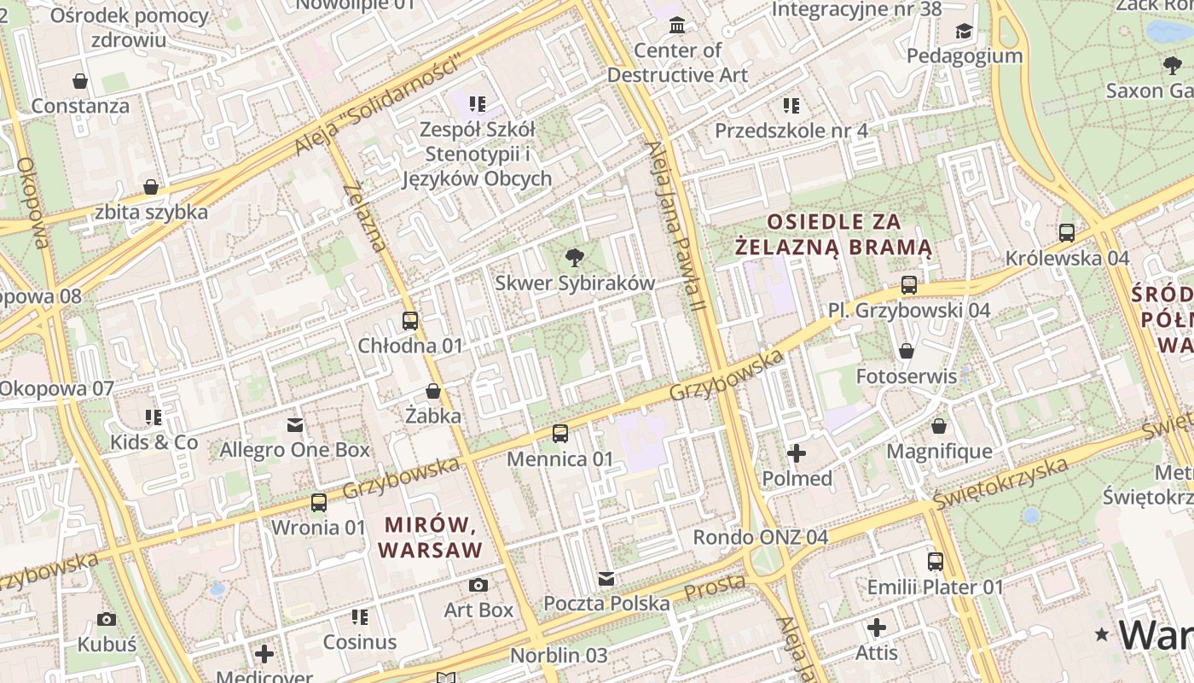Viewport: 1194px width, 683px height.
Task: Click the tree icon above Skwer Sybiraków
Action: tap(575, 257)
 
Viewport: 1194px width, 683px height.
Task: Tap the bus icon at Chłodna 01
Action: tap(410, 321)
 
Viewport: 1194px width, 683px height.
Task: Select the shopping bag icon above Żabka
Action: tap(433, 392)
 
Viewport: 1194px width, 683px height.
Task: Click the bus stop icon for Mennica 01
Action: tap(559, 434)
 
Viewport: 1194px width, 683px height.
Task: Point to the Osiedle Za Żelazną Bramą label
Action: tap(834, 235)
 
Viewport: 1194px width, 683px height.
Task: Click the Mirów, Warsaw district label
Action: tap(431, 537)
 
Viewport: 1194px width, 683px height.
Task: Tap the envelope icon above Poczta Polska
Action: tap(606, 580)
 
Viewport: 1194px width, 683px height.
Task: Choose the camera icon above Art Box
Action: tap(478, 586)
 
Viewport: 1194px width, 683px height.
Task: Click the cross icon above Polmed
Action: tap(797, 453)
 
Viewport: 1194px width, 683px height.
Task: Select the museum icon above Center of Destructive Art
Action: tap(677, 25)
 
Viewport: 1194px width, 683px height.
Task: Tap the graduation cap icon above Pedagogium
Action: tap(964, 31)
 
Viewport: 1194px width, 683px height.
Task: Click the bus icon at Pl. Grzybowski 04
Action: tap(909, 285)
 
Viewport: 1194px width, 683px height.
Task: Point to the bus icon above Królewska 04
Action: tap(1066, 233)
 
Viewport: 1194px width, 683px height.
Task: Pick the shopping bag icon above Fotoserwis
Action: tap(906, 351)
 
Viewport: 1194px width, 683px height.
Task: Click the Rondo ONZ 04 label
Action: tap(760, 538)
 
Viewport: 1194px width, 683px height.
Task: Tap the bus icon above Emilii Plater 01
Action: tap(936, 562)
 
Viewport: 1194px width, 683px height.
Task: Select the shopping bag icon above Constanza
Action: tap(80, 81)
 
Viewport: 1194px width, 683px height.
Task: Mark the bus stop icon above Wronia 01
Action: tap(318, 503)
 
